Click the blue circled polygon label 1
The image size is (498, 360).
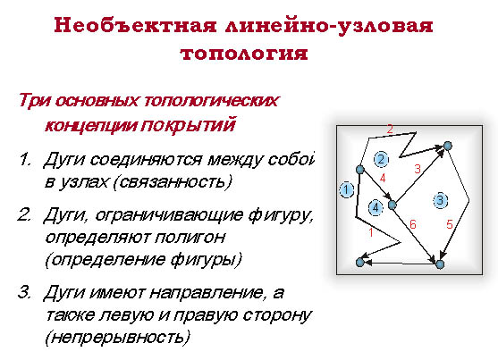347,190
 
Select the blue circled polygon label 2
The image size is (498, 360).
381,159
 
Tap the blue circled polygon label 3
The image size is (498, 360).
440,200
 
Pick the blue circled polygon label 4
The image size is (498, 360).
376,208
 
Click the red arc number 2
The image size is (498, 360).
390,129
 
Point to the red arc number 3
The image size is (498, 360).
418,169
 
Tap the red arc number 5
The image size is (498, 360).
450,224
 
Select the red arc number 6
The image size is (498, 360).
412,224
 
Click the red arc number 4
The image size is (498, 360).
383,178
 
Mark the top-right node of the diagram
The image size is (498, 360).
448,146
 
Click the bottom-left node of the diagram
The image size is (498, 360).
359,263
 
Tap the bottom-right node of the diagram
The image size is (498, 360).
440,264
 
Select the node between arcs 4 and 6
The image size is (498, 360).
392,205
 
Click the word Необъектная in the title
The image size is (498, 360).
135,25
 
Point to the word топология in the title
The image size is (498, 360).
244,53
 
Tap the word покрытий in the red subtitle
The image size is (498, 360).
188,124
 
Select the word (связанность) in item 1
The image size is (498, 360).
173,182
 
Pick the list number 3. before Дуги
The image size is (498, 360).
24,292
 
